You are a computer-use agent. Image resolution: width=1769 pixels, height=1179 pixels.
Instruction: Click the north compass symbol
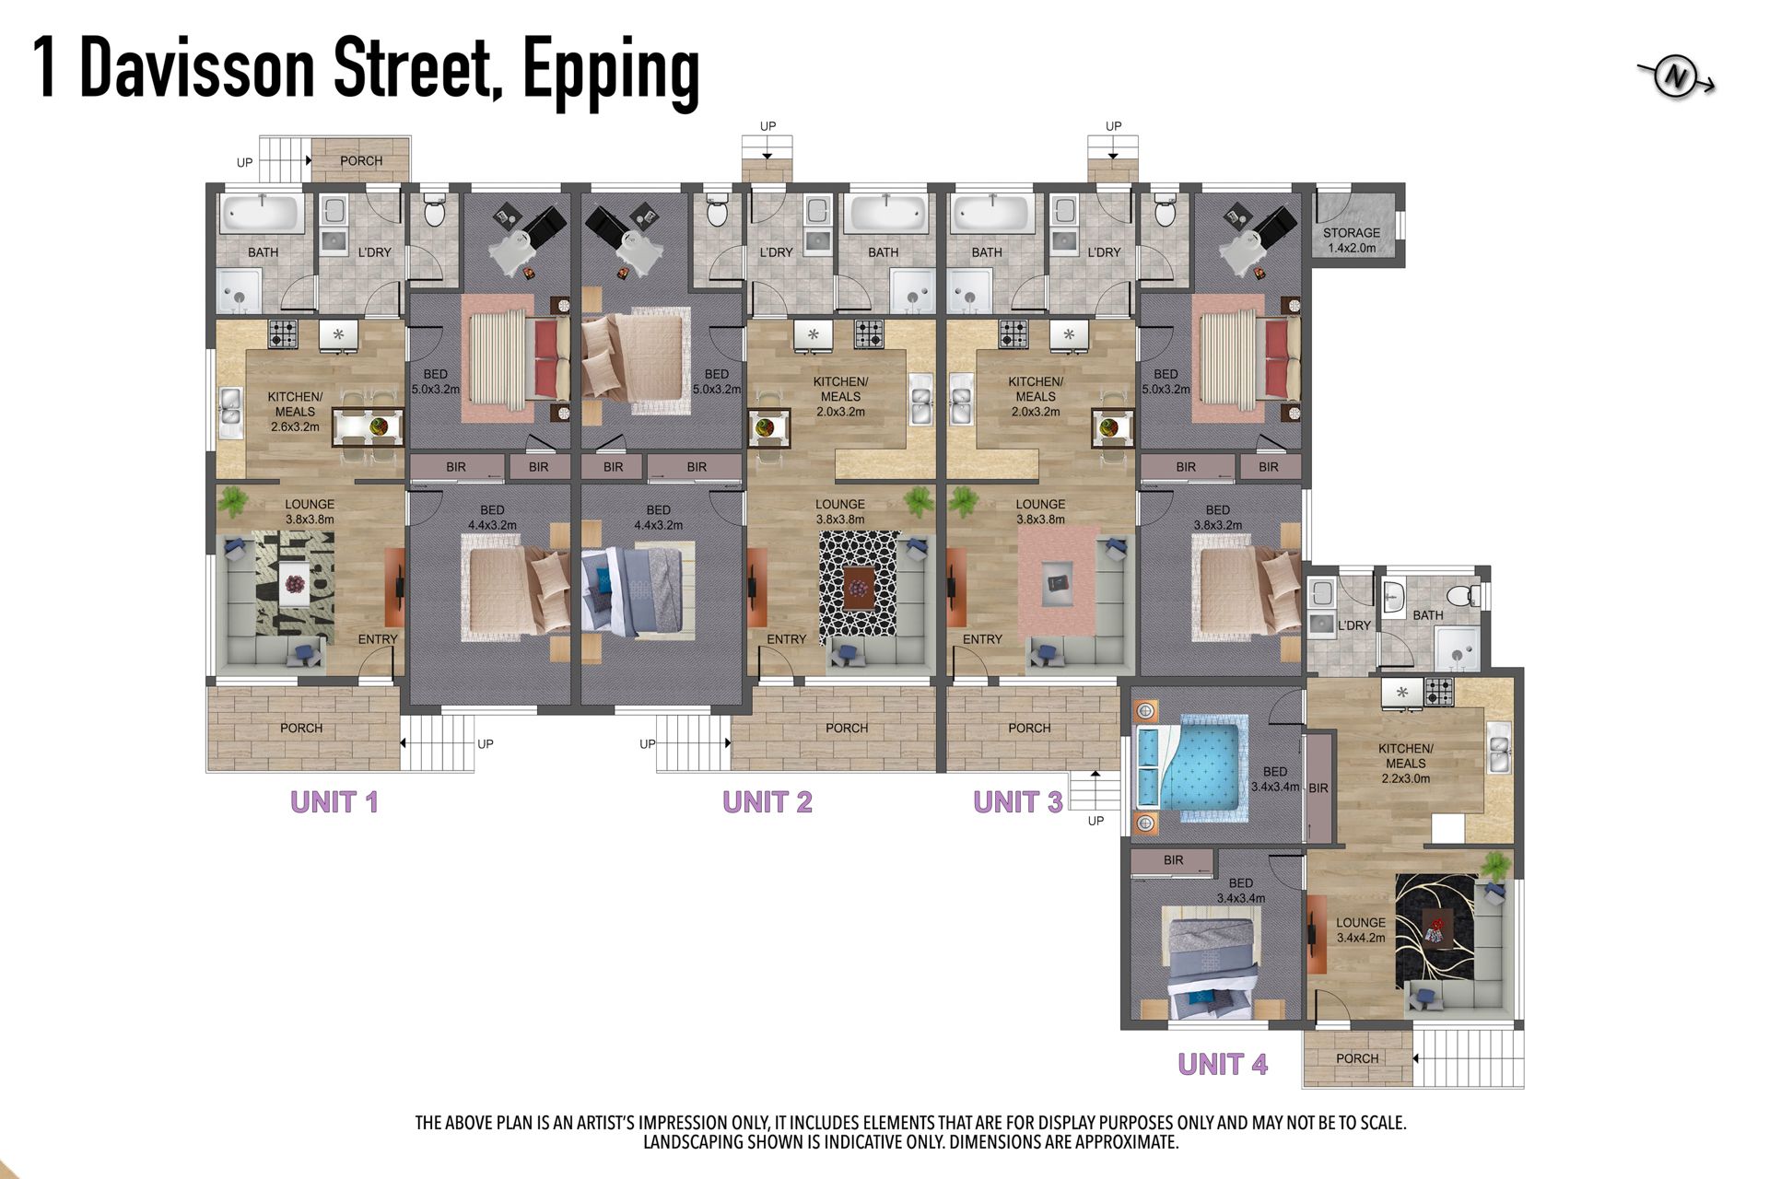coord(1677,78)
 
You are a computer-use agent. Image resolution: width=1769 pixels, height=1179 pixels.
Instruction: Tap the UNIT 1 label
coord(334,802)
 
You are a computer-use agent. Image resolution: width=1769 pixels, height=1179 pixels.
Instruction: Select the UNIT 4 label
coord(1223,1065)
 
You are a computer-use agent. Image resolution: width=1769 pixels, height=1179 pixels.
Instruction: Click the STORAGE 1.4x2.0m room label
coord(1352,240)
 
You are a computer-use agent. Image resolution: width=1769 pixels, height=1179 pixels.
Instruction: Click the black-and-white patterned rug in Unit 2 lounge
coord(859,586)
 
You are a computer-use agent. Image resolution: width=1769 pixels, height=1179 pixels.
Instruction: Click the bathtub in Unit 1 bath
coord(263,215)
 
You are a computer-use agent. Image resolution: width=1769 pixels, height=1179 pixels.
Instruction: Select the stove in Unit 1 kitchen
coord(283,333)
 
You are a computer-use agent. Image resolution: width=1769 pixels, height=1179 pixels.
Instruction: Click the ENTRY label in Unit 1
coord(378,639)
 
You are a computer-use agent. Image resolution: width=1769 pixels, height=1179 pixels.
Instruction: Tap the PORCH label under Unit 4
coord(1357,1058)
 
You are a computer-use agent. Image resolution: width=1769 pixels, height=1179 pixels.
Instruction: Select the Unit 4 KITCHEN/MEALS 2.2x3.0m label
coord(1406,764)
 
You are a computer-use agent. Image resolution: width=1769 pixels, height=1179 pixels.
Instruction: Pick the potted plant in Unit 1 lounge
coord(233,501)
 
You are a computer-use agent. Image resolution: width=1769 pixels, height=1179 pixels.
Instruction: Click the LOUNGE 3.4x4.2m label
coord(1361,930)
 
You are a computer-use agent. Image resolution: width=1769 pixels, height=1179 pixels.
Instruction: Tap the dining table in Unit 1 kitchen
coord(367,426)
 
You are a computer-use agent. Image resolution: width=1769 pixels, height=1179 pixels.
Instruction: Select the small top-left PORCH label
coord(361,160)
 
